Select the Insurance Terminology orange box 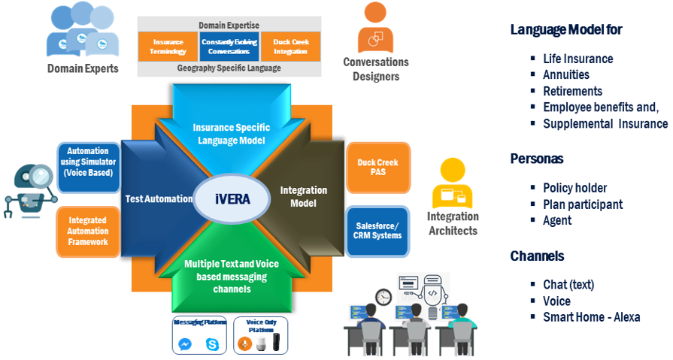pyautogui.click(x=168, y=46)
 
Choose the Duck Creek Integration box pyautogui.click(x=290, y=46)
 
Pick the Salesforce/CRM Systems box pyautogui.click(x=377, y=230)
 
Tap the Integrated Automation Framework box pyautogui.click(x=88, y=231)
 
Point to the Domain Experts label pyautogui.click(x=83, y=69)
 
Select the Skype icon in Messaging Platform pyautogui.click(x=212, y=343)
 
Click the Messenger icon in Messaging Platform pyautogui.click(x=185, y=343)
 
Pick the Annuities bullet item pyautogui.click(x=565, y=75)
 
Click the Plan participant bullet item pyautogui.click(x=582, y=204)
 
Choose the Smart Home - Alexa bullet pyautogui.click(x=591, y=317)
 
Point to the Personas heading pyautogui.click(x=536, y=159)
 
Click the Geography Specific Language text pyautogui.click(x=229, y=68)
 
